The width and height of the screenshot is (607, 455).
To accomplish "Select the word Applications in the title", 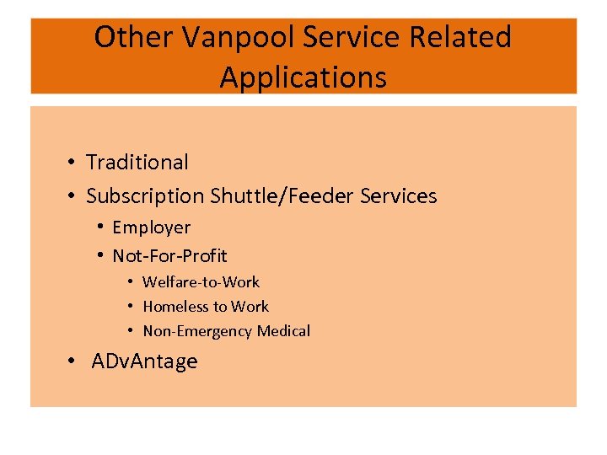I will pyautogui.click(x=303, y=78).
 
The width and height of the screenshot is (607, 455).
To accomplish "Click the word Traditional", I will pyautogui.click(x=137, y=162).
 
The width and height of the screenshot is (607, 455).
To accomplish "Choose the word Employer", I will pyautogui.click(x=152, y=227).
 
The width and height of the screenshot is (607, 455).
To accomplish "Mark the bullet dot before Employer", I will pyautogui.click(x=100, y=227).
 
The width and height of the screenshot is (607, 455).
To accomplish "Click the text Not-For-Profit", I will pyautogui.click(x=169, y=256).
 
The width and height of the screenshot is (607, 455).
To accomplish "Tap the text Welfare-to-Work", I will pyautogui.click(x=201, y=282).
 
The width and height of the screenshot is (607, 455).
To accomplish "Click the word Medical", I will pyautogui.click(x=283, y=331).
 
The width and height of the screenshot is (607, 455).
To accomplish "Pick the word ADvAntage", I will pyautogui.click(x=144, y=361).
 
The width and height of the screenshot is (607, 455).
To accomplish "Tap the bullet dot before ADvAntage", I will pyautogui.click(x=74, y=362).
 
